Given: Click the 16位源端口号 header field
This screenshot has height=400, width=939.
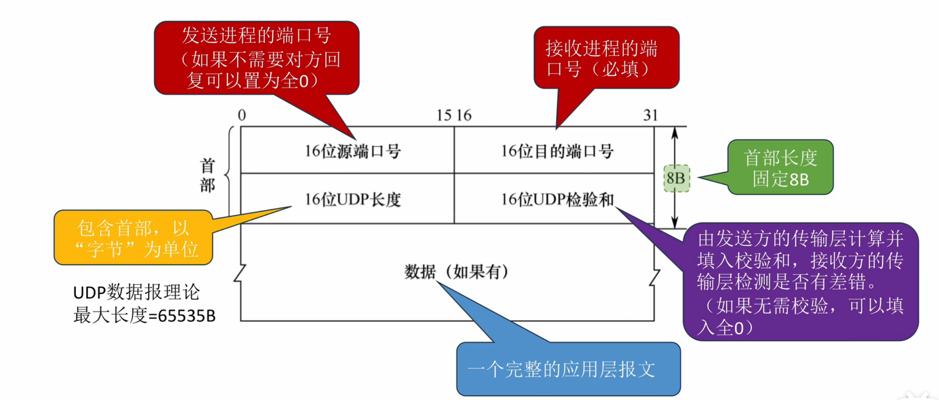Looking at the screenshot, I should [352, 151].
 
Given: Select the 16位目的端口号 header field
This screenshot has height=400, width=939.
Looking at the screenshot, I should [557, 151].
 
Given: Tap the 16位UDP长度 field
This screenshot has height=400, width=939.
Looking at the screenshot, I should [352, 199].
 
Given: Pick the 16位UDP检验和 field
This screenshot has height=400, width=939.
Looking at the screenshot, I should [557, 199].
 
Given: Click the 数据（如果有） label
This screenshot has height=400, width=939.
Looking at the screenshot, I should [456, 272].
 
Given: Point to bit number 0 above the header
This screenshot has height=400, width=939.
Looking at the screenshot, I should [242, 115].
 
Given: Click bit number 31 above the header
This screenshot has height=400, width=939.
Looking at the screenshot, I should [650, 115].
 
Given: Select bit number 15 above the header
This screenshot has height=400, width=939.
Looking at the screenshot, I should [444, 115].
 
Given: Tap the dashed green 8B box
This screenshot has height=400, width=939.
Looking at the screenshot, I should [676, 178].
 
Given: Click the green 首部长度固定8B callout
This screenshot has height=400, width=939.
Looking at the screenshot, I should [780, 168].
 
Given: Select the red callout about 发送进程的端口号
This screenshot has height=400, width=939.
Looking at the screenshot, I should [256, 58].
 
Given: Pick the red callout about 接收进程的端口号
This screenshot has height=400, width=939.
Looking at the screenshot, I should [606, 58].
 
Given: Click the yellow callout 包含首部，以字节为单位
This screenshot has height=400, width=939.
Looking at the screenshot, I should [133, 238].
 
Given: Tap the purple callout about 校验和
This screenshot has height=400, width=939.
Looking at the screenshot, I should [801, 282].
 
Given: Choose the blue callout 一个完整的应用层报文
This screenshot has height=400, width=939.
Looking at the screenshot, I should [568, 369].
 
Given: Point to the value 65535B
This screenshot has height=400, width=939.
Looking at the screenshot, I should [187, 316].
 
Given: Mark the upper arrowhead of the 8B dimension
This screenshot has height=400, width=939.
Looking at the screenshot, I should [675, 132].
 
